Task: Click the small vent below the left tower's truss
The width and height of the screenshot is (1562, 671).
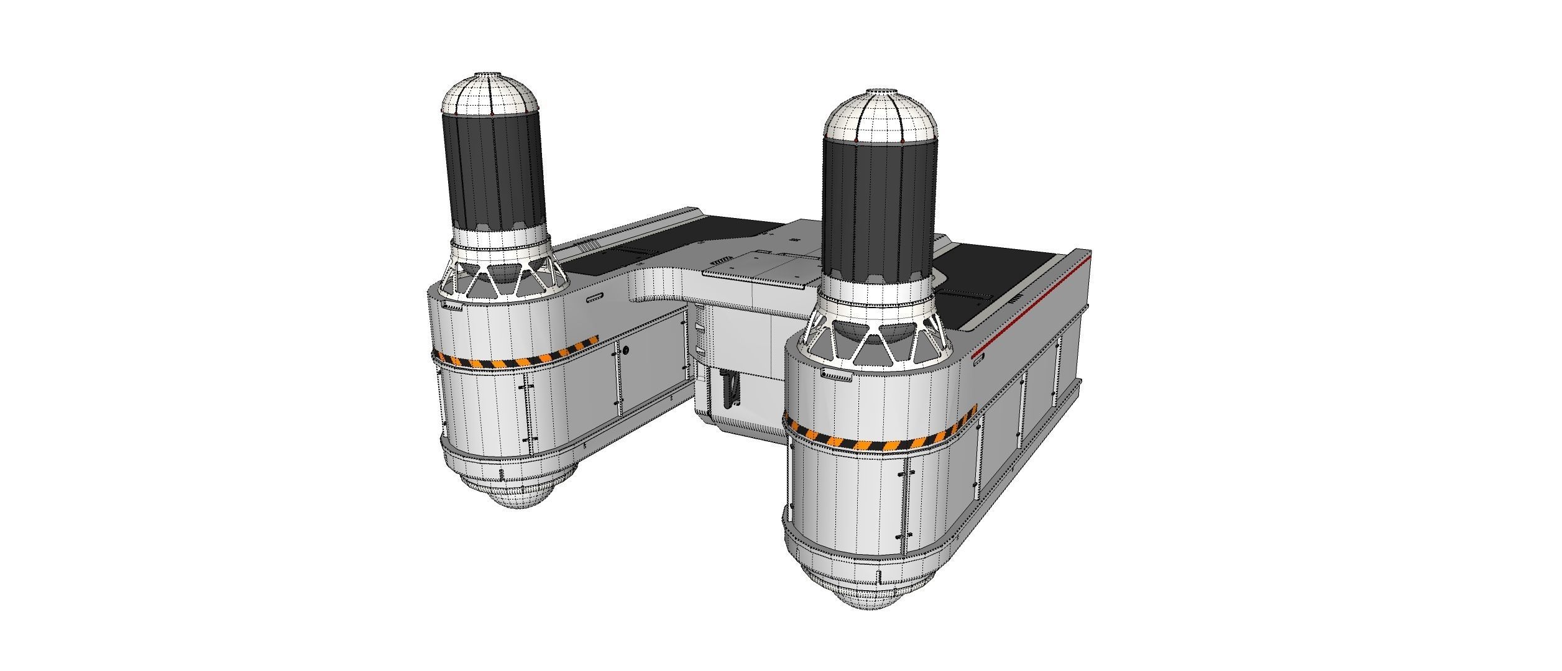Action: [452, 306]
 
